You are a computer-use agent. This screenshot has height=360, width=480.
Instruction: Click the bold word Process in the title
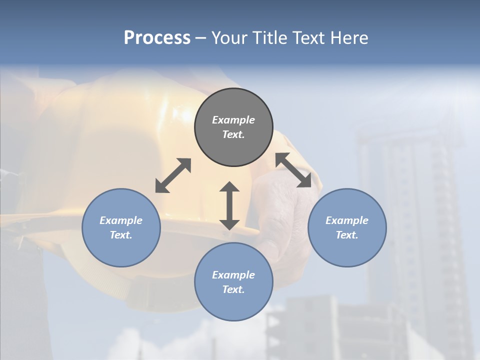pos(157,38)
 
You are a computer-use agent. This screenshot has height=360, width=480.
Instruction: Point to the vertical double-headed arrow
pos(229,205)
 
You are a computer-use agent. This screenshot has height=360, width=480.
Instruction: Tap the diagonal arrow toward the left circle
pos(173,175)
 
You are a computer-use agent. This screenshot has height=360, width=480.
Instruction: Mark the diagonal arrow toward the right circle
pos(293,170)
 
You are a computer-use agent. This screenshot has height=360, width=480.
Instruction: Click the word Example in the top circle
pos(233,120)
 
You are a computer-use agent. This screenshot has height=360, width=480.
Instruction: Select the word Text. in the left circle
pos(121,235)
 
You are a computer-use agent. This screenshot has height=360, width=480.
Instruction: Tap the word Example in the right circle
pos(347,220)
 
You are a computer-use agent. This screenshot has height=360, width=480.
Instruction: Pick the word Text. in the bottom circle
pos(233,289)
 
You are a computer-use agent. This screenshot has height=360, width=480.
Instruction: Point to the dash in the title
pos(200,38)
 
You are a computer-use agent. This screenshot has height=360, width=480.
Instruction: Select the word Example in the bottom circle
pos(233,275)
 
